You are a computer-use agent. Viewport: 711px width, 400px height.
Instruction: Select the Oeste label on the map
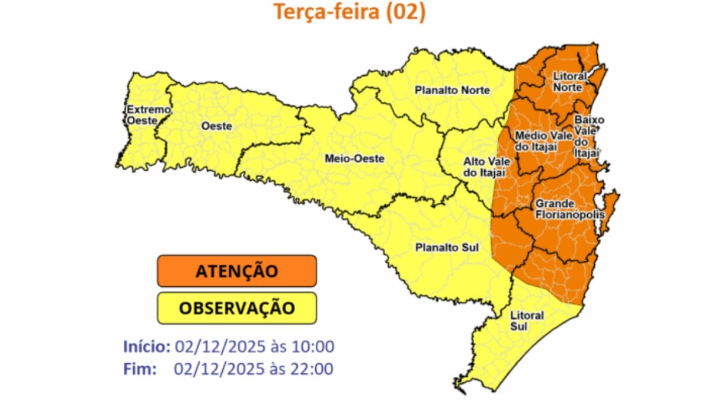[x=216, y=126]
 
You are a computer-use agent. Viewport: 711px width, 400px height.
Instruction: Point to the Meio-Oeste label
[x=354, y=159]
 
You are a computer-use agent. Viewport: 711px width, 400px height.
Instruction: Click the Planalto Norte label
[x=452, y=91]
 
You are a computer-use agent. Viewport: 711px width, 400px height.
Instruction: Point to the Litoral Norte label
[x=569, y=82]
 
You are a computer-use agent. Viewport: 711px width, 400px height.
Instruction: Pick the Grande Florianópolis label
[x=569, y=209]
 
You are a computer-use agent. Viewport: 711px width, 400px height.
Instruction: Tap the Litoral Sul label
[x=527, y=321]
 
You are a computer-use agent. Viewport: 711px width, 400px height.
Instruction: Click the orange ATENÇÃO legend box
[x=237, y=271]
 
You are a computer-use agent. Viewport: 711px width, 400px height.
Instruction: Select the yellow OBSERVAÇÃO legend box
[x=237, y=308]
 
